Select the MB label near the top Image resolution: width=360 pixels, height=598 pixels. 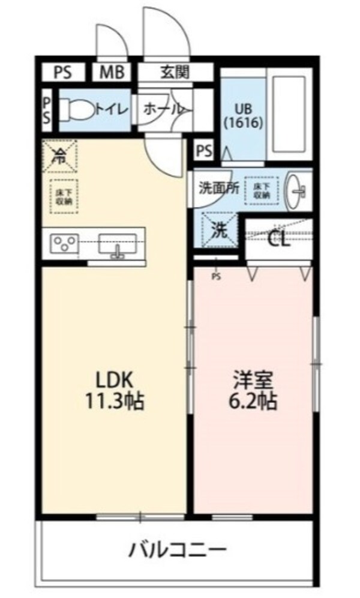pyautogui.click(x=111, y=73)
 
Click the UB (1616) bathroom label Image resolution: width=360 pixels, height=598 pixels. pyautogui.click(x=242, y=116)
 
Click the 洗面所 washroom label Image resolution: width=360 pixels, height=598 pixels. pyautogui.click(x=219, y=187)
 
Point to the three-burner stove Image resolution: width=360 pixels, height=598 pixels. pyautogui.click(x=63, y=243)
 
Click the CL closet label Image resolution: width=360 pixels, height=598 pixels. pyautogui.click(x=278, y=241)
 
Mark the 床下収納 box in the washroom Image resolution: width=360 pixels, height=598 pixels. pyautogui.click(x=262, y=190)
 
